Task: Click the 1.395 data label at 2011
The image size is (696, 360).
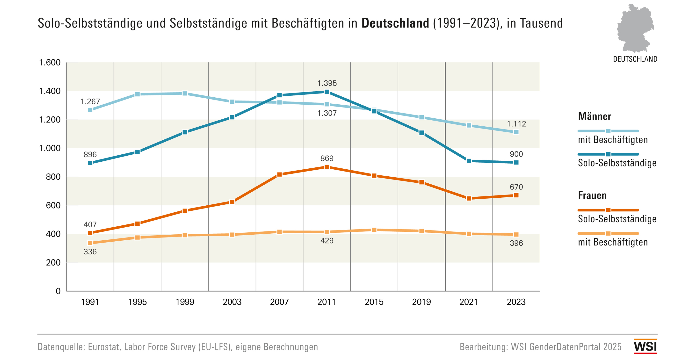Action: click(x=327, y=83)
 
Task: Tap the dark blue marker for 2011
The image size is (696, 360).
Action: click(x=327, y=92)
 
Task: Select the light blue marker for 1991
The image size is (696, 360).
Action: click(x=90, y=110)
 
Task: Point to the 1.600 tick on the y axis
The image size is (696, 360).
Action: click(x=50, y=63)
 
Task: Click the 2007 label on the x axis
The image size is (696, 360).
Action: click(x=279, y=302)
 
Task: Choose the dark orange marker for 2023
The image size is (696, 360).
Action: click(x=516, y=195)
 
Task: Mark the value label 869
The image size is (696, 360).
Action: click(x=327, y=158)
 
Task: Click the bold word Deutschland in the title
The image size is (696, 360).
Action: click(x=395, y=23)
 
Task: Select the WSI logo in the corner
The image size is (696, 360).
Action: click(x=645, y=346)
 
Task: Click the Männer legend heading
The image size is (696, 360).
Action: click(x=594, y=116)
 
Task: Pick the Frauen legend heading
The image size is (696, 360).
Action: click(x=592, y=195)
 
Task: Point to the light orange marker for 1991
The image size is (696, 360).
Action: click(x=90, y=243)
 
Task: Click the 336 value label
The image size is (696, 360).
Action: click(x=90, y=252)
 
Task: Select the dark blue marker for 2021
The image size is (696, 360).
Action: click(x=469, y=161)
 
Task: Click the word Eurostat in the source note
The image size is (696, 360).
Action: click(x=104, y=347)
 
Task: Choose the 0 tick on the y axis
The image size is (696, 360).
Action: click(x=58, y=291)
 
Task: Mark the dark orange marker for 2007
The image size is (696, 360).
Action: click(x=279, y=174)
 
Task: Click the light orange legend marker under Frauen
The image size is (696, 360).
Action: click(x=608, y=234)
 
